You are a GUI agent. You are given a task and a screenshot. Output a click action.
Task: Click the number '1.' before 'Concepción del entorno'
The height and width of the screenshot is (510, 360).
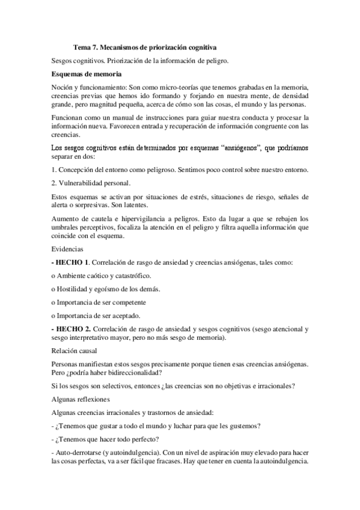[x=54, y=170]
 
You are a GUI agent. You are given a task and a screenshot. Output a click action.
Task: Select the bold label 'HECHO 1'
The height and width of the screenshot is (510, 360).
[x=72, y=263]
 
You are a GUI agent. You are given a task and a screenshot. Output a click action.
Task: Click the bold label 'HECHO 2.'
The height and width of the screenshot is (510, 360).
[x=73, y=329]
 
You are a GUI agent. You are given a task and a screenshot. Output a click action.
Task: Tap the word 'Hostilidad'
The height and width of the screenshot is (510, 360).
[x=75, y=289]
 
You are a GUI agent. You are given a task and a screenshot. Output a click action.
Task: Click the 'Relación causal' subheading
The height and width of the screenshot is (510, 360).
[x=77, y=351]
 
